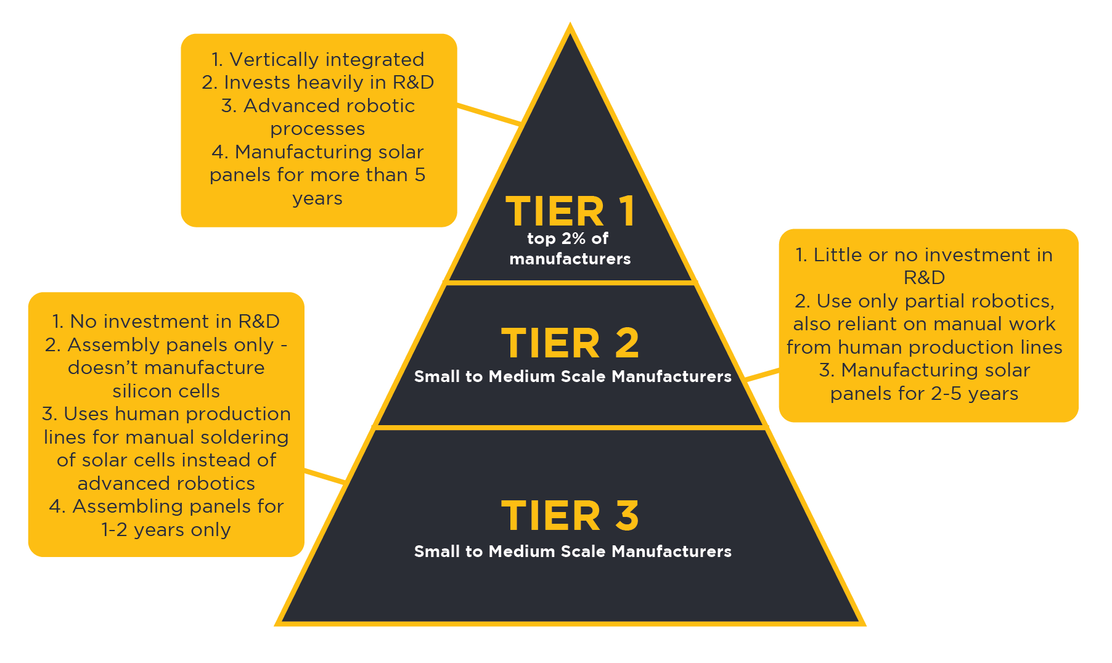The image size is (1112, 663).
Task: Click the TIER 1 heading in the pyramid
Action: [x=570, y=211]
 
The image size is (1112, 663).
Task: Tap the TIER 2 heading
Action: [x=570, y=343]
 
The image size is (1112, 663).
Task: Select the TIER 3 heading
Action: [x=570, y=516]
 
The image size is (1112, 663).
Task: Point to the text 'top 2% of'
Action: [x=568, y=238]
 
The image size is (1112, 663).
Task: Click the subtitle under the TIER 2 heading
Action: [x=573, y=376]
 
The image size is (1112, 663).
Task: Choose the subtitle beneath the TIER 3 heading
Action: [x=573, y=551]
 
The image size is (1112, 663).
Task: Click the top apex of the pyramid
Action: [x=570, y=27]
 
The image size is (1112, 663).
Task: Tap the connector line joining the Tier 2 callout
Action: [x=762, y=375]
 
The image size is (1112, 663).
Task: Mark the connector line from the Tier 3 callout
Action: [x=325, y=476]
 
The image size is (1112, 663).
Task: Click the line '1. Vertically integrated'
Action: [x=317, y=60]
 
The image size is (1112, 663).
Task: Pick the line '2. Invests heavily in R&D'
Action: [x=317, y=83]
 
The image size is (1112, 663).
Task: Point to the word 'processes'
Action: [x=317, y=129]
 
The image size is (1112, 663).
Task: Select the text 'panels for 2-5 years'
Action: [x=924, y=394]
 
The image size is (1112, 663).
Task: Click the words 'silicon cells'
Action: [x=166, y=391]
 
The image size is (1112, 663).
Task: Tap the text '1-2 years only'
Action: [x=166, y=530]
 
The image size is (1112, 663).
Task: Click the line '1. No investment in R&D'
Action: [x=166, y=322]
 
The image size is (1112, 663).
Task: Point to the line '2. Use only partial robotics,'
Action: [x=924, y=301]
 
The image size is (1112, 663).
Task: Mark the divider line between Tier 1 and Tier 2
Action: [x=570, y=283]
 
